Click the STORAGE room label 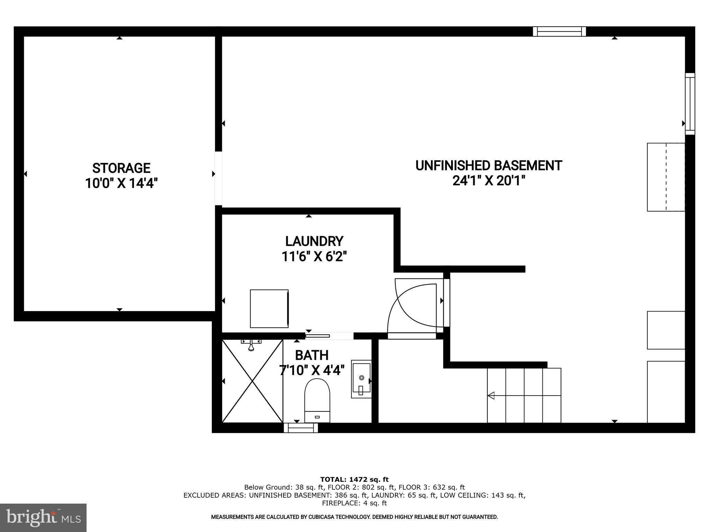tap(121, 168)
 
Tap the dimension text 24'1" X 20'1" tap(488, 181)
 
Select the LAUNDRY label tap(314, 241)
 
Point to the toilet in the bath tap(317, 400)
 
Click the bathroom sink tap(361, 379)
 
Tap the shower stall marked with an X tap(252, 381)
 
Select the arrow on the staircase tap(491, 395)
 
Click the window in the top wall tap(559, 32)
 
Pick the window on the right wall tap(690, 104)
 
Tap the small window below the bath tap(300, 428)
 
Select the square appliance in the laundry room tap(269, 309)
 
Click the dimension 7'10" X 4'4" tap(312, 371)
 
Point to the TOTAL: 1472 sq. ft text tap(354, 479)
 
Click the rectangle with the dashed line tap(666, 177)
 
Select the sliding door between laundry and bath tap(322, 336)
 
